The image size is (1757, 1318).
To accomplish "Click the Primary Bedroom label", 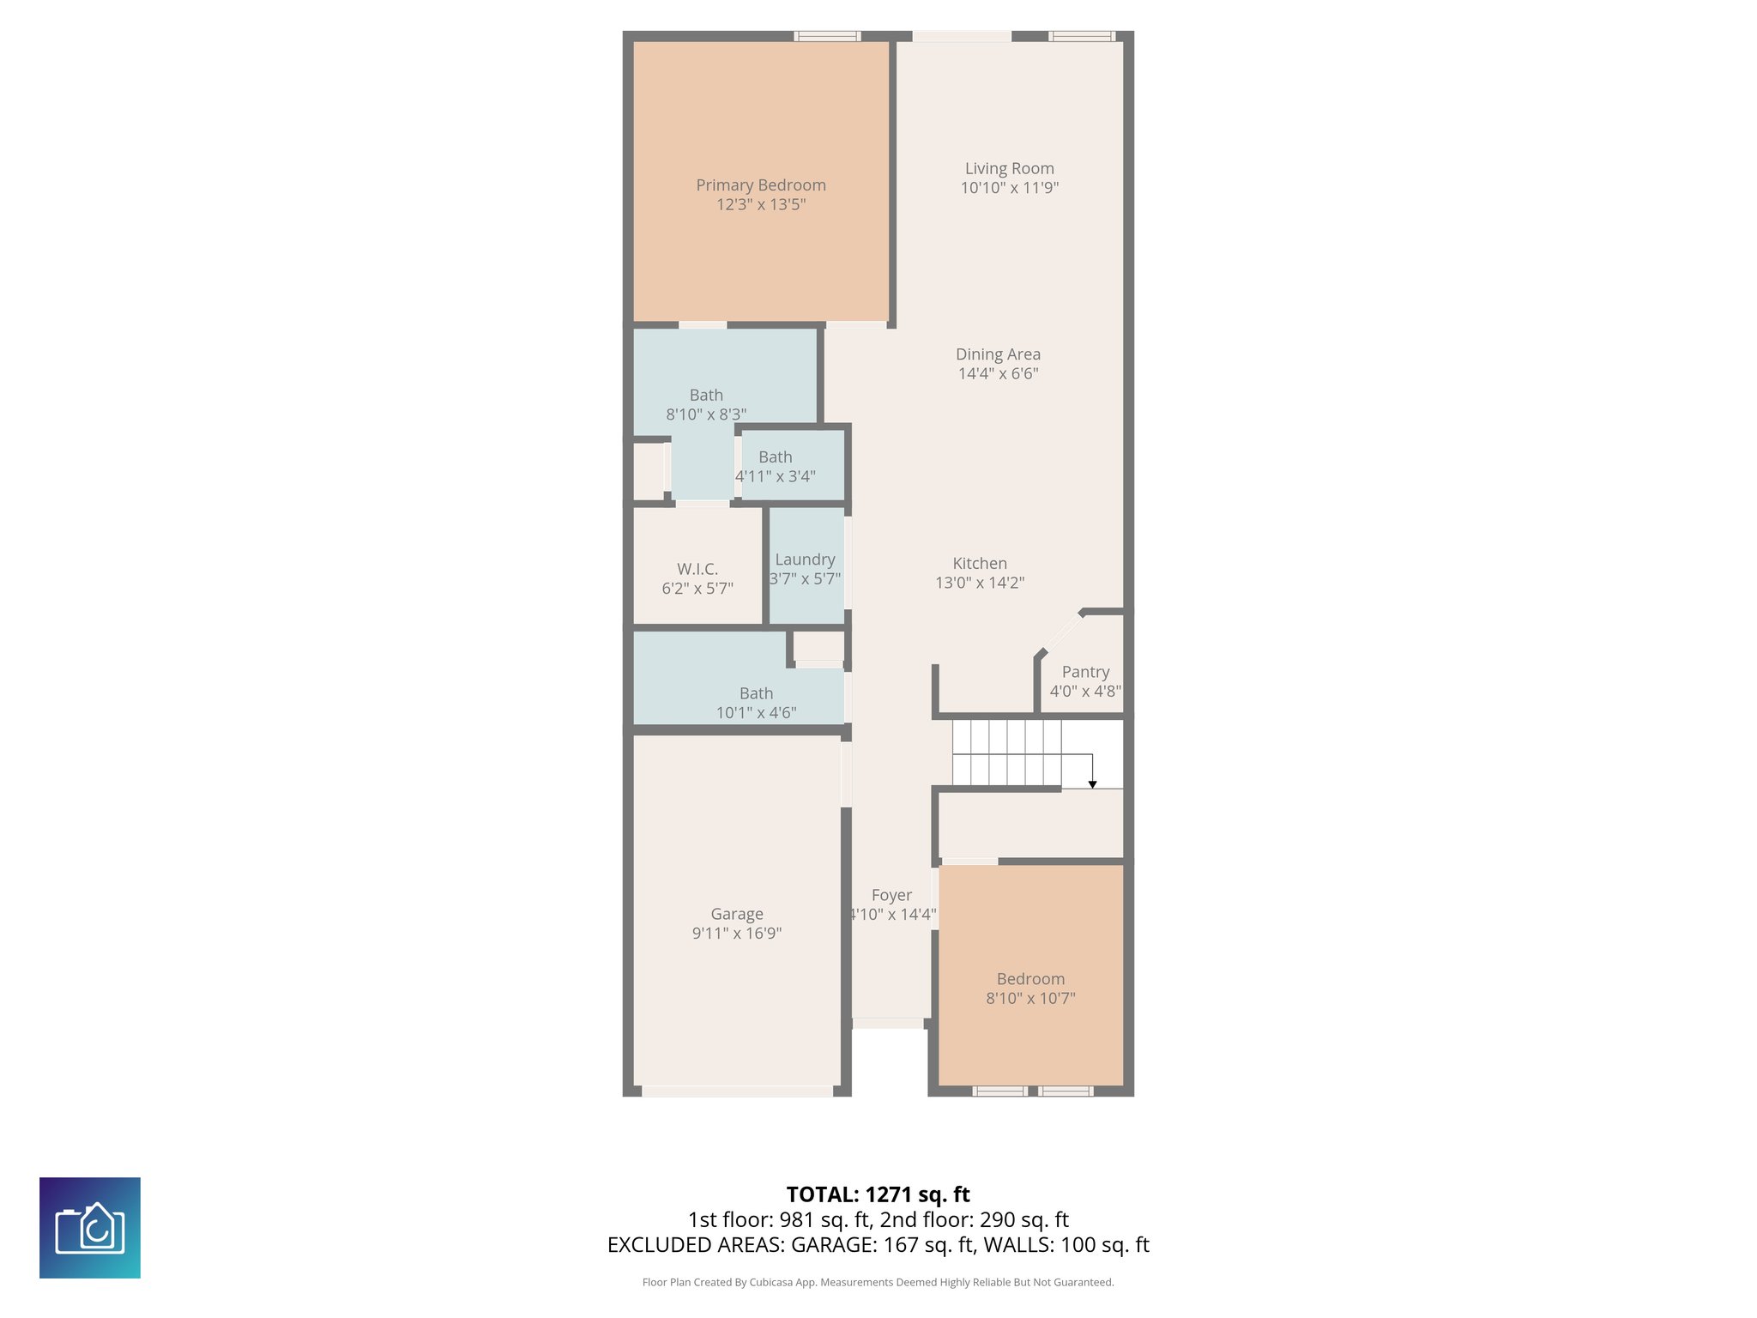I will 761,185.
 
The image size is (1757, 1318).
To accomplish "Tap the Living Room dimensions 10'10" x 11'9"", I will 1009,188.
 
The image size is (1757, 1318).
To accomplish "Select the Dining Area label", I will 998,354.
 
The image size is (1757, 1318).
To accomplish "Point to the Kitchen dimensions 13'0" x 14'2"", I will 980,583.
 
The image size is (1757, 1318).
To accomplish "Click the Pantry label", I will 1085,672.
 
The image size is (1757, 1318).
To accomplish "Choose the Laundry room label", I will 805,559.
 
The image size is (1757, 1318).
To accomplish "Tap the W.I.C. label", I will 697,569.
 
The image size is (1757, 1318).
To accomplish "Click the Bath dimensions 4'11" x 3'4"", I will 776,476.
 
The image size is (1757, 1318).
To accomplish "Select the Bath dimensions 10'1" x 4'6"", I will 756,712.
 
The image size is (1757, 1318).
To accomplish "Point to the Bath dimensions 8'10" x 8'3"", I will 706,414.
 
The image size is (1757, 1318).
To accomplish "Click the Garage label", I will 736,914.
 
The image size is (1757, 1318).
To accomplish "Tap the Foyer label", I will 891,895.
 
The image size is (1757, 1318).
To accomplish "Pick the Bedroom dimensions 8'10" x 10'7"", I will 1030,998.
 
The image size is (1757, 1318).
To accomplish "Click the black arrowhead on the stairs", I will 1092,784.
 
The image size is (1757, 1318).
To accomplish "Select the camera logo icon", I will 90,1227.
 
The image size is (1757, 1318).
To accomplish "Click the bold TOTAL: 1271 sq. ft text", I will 878,1194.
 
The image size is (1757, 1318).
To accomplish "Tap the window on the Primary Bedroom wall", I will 826,36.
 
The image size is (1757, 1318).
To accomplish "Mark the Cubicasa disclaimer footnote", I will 878,1282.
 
